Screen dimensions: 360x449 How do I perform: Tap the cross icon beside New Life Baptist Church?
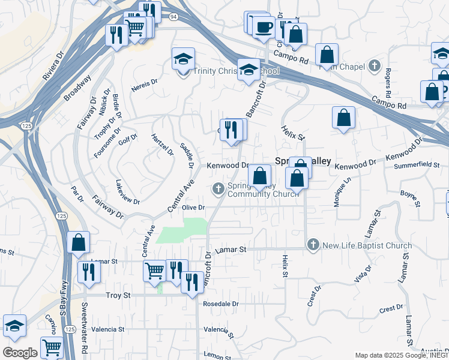click(313, 245)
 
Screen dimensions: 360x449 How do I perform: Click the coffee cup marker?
click(264, 27)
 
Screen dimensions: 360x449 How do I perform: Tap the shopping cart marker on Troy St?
click(154, 271)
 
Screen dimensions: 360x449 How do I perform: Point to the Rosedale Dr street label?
click(221, 304)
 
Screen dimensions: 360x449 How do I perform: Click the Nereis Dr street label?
click(144, 82)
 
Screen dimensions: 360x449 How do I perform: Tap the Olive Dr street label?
click(194, 208)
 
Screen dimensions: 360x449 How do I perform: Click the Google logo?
click(20, 352)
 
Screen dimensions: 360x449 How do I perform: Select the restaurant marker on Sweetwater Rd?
click(89, 272)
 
